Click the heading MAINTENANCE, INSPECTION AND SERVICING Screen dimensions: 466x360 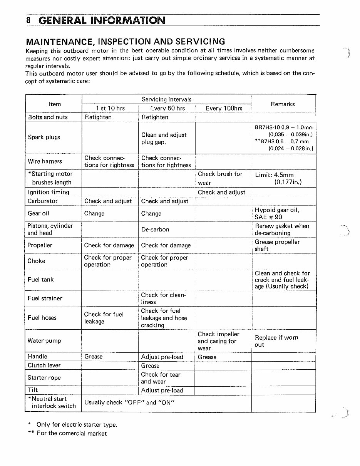click(125, 42)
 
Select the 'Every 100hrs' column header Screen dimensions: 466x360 click(224, 108)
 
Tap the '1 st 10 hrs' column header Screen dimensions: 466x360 click(110, 108)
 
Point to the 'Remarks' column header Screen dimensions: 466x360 click(283, 104)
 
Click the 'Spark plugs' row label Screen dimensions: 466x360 click(44, 137)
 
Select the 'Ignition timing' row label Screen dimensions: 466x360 click(48, 192)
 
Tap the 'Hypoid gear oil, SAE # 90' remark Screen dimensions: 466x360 click(276, 213)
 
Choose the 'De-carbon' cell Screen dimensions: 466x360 click(155, 230)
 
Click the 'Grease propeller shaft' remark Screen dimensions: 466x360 click(277, 245)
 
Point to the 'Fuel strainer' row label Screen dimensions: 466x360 click(45, 298)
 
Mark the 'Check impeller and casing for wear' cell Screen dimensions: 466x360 click(218, 341)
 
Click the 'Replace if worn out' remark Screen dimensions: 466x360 click(276, 341)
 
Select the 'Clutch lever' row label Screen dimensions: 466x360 click(44, 365)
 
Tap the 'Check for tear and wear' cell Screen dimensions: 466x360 click(160, 378)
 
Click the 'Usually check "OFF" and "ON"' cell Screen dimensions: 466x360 click(129, 402)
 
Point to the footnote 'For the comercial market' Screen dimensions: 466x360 click(72, 433)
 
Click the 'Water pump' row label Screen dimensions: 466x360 click(44, 340)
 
